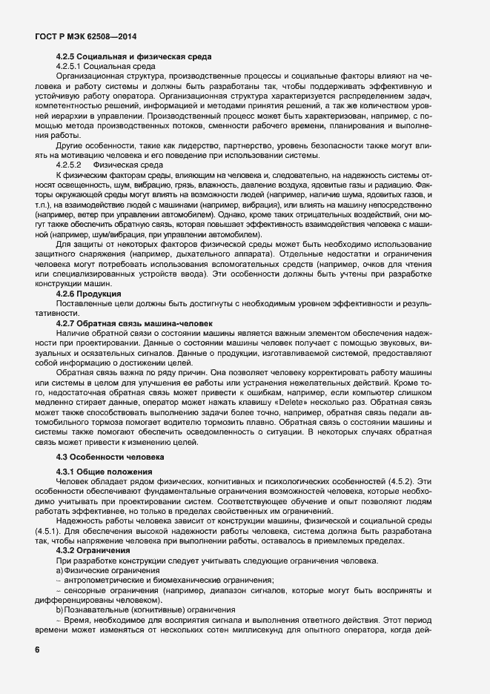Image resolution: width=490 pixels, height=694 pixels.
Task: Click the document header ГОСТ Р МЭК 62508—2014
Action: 86,36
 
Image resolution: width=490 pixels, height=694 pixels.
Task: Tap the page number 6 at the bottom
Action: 37,650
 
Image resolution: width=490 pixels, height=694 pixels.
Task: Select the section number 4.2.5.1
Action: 73,66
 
